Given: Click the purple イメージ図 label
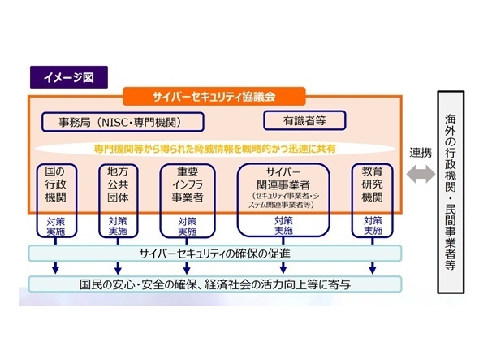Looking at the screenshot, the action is pyautogui.click(x=69, y=77).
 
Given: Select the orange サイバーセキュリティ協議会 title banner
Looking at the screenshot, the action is pyautogui.click(x=214, y=97).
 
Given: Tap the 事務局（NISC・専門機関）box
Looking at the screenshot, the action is pyautogui.click(x=123, y=122).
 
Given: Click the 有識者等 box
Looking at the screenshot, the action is pyautogui.click(x=304, y=120).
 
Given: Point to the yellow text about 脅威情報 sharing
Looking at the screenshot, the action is pyautogui.click(x=215, y=149).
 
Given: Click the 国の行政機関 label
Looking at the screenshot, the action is pyautogui.click(x=55, y=184).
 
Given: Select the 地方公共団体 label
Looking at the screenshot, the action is pyautogui.click(x=118, y=184).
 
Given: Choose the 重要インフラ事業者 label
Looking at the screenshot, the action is pyautogui.click(x=188, y=184).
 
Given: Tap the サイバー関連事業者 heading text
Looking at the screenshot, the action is pyautogui.click(x=283, y=179).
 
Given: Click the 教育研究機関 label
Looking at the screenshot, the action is pyautogui.click(x=372, y=184).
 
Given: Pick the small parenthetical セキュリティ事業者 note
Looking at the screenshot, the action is pyautogui.click(x=283, y=201).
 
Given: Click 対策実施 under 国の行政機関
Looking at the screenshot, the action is pyautogui.click(x=55, y=227).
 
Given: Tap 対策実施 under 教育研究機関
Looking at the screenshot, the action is pyautogui.click(x=373, y=226).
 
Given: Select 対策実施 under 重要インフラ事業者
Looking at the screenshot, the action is pyautogui.click(x=188, y=227).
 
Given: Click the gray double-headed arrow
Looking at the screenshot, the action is pyautogui.click(x=421, y=175).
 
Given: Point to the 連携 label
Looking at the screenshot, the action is pyautogui.click(x=421, y=153).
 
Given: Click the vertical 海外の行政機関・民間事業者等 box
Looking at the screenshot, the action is pyautogui.click(x=451, y=192).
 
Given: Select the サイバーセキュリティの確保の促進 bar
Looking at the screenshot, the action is pyautogui.click(x=215, y=254).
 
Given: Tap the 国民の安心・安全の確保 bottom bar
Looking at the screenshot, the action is pyautogui.click(x=215, y=284).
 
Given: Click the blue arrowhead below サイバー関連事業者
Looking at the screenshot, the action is pyautogui.click(x=283, y=269).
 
